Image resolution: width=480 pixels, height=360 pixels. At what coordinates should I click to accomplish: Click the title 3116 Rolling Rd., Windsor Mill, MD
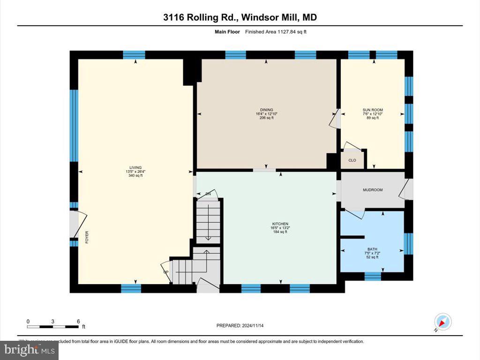[240, 18]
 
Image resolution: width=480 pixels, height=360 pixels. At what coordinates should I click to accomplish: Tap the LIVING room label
[135, 167]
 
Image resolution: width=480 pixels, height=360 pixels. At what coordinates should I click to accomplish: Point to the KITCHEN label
[279, 224]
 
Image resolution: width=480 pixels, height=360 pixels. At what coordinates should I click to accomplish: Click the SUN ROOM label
[374, 110]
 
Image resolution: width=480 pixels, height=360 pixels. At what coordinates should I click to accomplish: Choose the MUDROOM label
[373, 190]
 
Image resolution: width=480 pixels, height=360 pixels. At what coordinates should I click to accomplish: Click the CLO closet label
[352, 160]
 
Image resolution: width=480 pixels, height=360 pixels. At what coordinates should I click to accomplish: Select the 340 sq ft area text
[135, 176]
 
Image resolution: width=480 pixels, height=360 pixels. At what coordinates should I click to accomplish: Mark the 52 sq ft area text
[372, 257]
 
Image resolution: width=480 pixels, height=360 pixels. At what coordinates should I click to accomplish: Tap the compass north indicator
[442, 322]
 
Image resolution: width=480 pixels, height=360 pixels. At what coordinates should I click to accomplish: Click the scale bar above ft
[53, 325]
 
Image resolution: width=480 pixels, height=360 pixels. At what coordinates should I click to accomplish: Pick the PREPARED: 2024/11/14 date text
[243, 325]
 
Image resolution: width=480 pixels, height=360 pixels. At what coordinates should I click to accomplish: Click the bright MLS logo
[29, 350]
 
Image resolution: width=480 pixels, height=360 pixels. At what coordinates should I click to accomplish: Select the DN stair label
[208, 194]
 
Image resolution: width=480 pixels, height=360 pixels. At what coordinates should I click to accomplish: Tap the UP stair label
[165, 272]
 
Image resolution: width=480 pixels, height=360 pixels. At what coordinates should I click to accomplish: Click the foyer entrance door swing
[79, 224]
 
